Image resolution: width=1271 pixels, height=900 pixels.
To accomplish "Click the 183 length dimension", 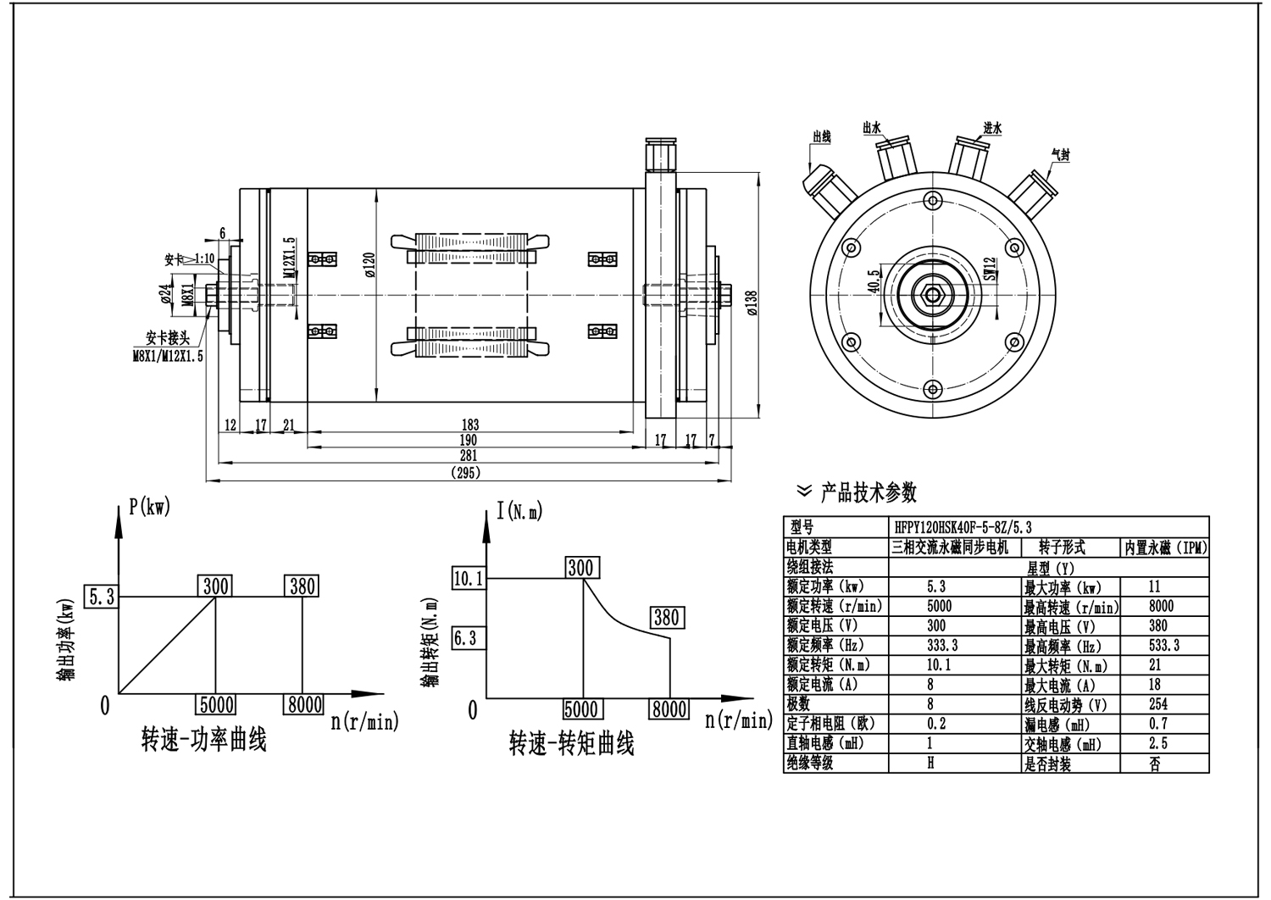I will (469, 425).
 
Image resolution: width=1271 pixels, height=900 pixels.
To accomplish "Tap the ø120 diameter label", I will (369, 264).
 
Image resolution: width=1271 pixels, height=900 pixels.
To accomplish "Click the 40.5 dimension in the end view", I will (874, 281).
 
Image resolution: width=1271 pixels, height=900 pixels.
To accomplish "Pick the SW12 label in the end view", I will (989, 270).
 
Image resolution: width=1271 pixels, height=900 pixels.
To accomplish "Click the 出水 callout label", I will (872, 127).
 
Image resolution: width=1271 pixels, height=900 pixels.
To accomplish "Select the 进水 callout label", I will (992, 129).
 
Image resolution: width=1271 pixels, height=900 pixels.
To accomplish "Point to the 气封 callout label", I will (1060, 155).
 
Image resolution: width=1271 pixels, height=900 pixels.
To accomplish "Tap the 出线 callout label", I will (821, 136).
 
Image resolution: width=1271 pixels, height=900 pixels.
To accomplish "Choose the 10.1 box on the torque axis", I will (468, 579).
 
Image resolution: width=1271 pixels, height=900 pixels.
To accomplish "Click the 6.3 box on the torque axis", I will (465, 638).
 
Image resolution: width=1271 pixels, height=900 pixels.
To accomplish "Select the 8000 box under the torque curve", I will (669, 708).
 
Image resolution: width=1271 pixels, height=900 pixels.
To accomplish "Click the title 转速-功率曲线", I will (203, 740).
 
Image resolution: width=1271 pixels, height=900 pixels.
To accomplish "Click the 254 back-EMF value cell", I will (1157, 703).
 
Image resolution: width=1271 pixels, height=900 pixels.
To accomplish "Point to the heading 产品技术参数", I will (868, 492).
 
